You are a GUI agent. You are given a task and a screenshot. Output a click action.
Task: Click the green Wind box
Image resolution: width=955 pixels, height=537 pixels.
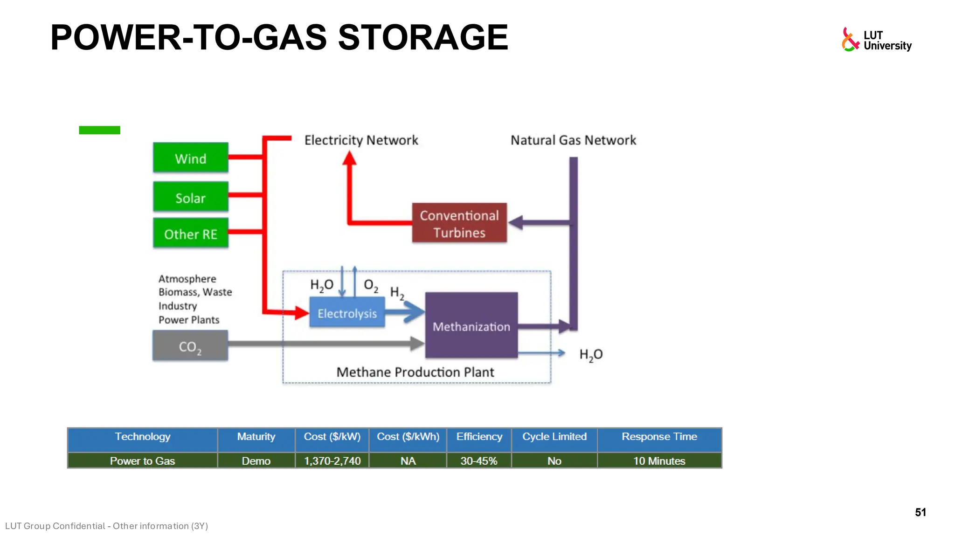[190, 158]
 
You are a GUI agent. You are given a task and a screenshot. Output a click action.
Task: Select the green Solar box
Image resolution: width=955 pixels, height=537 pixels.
[190, 197]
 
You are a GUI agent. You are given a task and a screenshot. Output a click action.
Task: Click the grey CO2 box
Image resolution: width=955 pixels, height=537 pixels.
[190, 346]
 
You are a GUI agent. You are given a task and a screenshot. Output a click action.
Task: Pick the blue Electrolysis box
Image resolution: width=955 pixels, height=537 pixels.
[347, 313]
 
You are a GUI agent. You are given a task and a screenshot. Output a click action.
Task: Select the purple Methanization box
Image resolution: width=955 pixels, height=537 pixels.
[471, 326]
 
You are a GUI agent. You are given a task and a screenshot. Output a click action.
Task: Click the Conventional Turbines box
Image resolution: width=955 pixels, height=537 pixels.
[459, 223]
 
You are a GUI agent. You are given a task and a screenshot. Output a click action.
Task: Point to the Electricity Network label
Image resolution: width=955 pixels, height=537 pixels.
[361, 140]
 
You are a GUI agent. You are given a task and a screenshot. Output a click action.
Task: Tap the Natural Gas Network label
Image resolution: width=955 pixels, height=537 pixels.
[573, 140]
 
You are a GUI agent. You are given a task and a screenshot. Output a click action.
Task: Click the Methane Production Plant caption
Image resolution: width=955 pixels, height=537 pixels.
[415, 372]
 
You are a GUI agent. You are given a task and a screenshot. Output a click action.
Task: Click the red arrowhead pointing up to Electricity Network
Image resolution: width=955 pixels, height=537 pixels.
[349, 159]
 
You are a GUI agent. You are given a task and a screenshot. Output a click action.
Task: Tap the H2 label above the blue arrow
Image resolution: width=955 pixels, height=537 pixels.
[397, 293]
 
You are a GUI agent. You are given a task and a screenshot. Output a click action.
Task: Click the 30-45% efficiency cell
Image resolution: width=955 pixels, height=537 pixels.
[478, 461]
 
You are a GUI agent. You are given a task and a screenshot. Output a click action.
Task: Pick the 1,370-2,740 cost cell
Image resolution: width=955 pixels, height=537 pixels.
[332, 461]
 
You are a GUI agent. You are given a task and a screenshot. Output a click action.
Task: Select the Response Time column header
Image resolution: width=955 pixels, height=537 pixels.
[659, 437]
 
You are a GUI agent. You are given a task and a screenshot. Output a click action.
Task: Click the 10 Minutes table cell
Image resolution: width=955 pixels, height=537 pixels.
[659, 461]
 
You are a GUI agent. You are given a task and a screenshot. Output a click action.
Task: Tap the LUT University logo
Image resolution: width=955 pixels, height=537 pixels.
[876, 40]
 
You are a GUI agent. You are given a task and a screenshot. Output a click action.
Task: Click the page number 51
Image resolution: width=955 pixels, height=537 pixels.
[920, 512]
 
